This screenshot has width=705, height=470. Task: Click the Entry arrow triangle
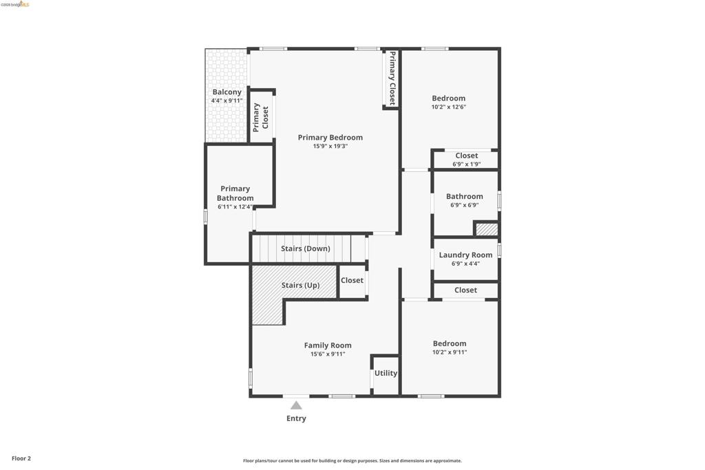[x=296, y=405]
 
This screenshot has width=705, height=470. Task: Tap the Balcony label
[x=227, y=92]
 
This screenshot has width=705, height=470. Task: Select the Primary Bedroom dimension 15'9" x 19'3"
[x=330, y=146]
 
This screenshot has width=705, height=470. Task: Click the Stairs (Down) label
[x=305, y=248]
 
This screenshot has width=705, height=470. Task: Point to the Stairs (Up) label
[x=300, y=286]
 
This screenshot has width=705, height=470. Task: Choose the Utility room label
[x=386, y=373]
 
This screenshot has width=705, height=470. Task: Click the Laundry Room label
[x=465, y=255]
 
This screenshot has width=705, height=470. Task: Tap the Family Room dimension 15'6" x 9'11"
[x=328, y=354]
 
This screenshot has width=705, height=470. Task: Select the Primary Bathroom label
[x=235, y=193]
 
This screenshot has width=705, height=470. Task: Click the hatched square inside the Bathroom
[x=487, y=229]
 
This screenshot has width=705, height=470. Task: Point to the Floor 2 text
[x=21, y=458]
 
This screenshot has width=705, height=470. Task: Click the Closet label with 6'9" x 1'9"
[x=467, y=156]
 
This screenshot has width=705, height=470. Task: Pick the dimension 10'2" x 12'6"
[x=449, y=107]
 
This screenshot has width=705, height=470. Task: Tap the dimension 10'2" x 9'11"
[x=450, y=352]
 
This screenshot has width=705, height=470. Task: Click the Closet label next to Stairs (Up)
[x=352, y=280]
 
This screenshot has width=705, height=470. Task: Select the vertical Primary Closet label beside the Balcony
[x=261, y=117]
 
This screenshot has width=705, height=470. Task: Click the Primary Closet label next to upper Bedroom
[x=392, y=78]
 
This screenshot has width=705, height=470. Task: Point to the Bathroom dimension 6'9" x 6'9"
[x=465, y=205]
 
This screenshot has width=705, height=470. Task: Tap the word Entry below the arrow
[x=296, y=418]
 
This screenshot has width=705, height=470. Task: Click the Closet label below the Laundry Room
[x=465, y=290]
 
